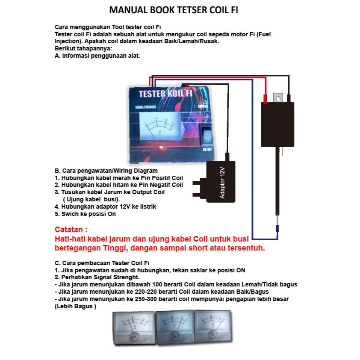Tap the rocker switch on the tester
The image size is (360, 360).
[207, 135]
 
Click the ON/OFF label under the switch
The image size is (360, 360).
[207, 150]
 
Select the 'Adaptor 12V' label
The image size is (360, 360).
[222, 182]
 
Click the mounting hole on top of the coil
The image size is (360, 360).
[278, 98]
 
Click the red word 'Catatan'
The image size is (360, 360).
[71, 230]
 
